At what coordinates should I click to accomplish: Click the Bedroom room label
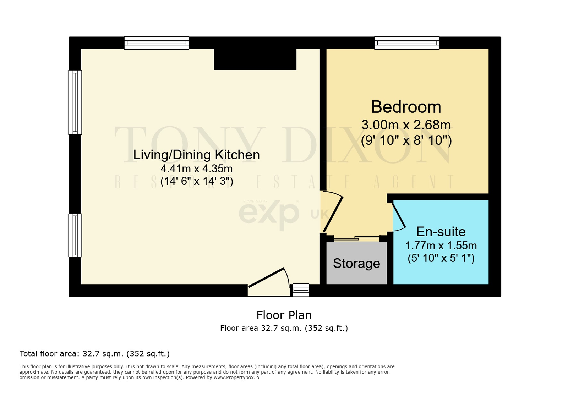pyautogui.click(x=406, y=107)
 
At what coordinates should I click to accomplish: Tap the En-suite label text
pyautogui.click(x=441, y=232)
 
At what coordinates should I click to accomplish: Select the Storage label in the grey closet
pyautogui.click(x=356, y=264)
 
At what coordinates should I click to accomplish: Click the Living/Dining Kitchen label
pyautogui.click(x=197, y=155)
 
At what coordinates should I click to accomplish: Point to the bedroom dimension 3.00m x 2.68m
pyautogui.click(x=406, y=125)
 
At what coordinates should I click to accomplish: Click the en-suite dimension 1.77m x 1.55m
pyautogui.click(x=441, y=246)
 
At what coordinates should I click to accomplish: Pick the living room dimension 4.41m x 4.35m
pyautogui.click(x=197, y=169)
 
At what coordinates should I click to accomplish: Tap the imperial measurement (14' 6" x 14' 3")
pyautogui.click(x=197, y=181)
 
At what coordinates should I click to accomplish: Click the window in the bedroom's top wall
pyautogui.click(x=407, y=43)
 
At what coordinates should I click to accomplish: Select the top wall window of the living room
pyautogui.click(x=157, y=43)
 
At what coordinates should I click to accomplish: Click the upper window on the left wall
pyautogui.click(x=75, y=102)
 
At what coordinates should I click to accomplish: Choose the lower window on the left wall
pyautogui.click(x=75, y=235)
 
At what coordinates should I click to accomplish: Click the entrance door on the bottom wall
pyautogui.click(x=269, y=282)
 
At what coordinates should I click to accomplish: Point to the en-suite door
pyautogui.click(x=399, y=215)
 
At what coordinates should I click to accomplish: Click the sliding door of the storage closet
pyautogui.click(x=356, y=238)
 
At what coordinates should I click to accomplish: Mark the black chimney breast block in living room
pyautogui.click(x=255, y=59)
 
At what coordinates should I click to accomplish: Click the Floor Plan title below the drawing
pyautogui.click(x=284, y=315)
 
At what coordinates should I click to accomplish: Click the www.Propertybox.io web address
pyautogui.click(x=236, y=377)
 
